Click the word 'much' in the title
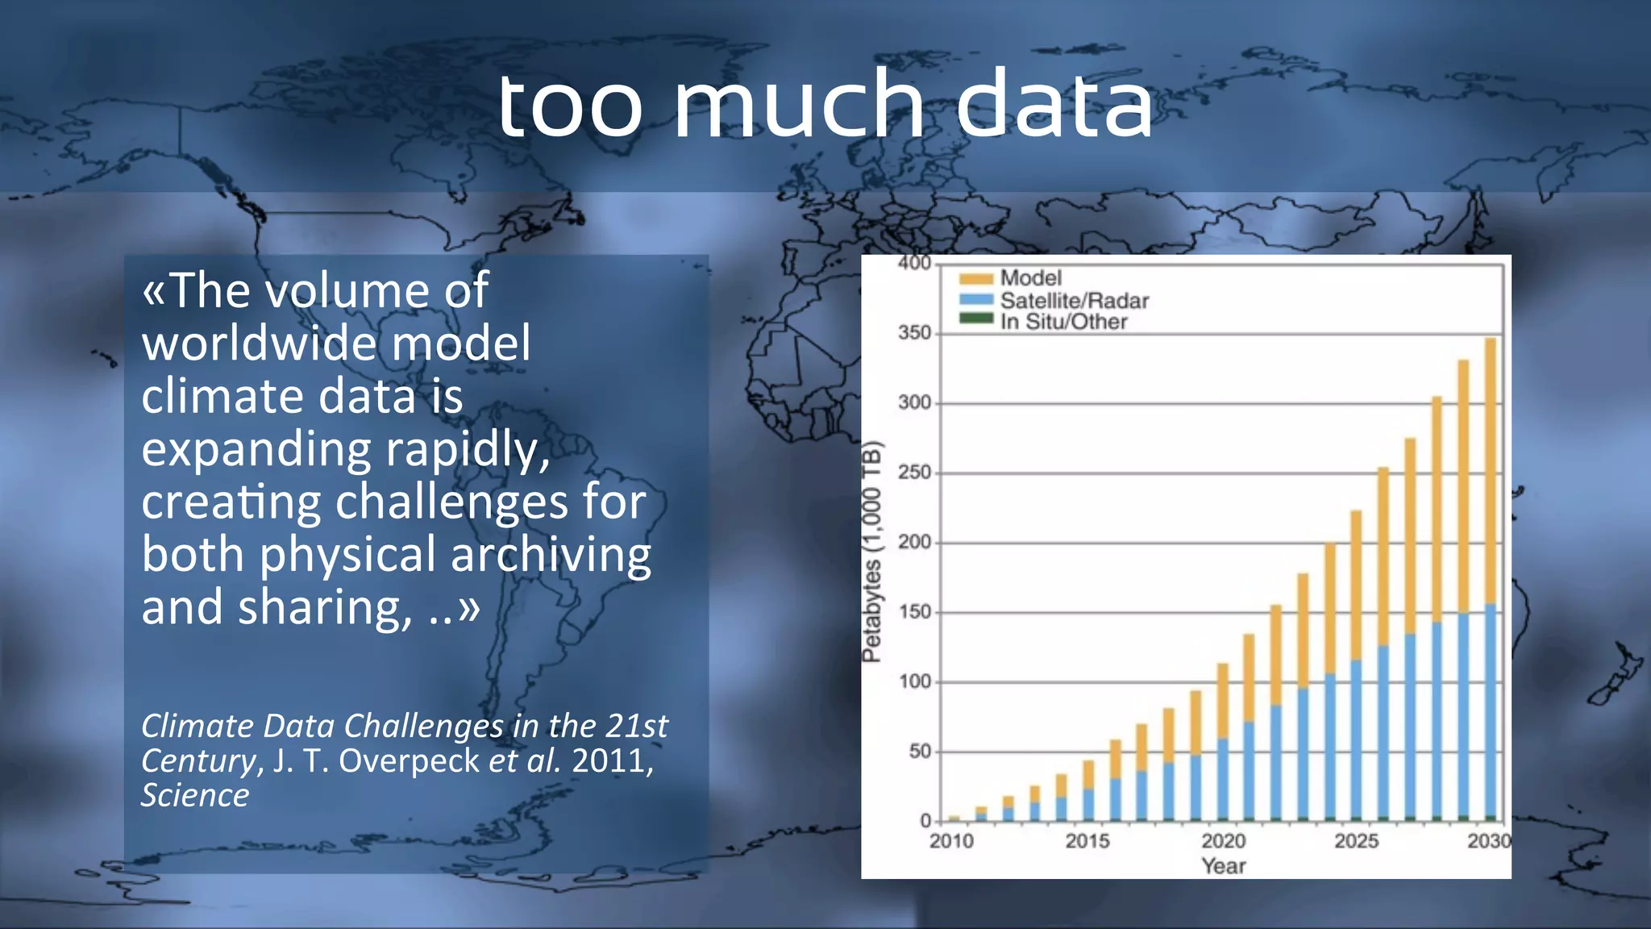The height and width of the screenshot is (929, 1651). (x=798, y=105)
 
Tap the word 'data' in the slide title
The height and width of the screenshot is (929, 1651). (x=1054, y=105)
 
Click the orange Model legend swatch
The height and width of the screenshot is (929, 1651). (x=975, y=279)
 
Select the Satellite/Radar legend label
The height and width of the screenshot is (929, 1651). (x=1074, y=301)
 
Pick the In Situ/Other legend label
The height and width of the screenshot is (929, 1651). (x=1063, y=322)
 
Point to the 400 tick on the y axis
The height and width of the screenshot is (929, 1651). (x=914, y=263)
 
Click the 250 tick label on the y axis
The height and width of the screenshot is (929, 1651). (x=914, y=473)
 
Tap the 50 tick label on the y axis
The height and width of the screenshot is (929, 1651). (x=919, y=752)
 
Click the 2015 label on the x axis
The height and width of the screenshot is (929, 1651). (x=1087, y=841)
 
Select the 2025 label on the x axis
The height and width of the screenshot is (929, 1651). (x=1356, y=841)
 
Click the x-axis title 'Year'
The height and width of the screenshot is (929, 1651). (x=1223, y=866)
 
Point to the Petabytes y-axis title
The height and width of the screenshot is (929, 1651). (x=871, y=552)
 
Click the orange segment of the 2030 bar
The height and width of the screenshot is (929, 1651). (x=1490, y=468)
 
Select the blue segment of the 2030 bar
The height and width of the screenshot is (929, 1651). (x=1490, y=710)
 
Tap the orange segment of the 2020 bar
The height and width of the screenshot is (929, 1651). (x=1222, y=700)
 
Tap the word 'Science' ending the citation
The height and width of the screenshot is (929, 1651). (x=195, y=795)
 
